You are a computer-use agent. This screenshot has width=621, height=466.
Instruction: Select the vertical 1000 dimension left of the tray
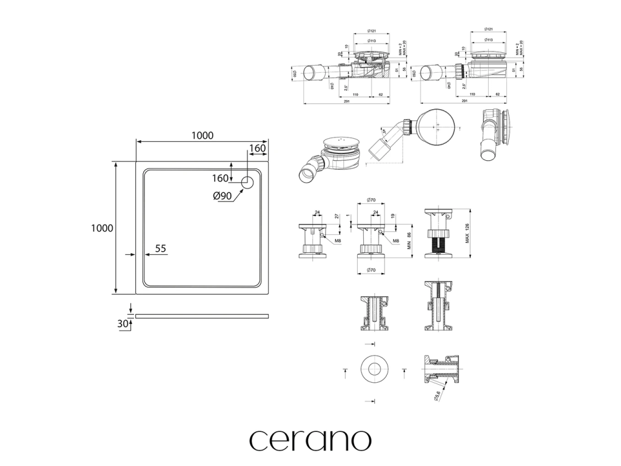coord(101,228)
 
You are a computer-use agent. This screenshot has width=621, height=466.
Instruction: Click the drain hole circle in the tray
coord(248,181)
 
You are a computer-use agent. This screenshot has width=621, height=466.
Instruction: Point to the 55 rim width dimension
coord(161,248)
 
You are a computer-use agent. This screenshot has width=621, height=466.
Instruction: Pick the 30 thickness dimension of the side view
coord(123,323)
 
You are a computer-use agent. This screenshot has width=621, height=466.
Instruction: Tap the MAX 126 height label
coord(468,234)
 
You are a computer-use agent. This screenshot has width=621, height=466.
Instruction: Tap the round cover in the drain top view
coord(435,127)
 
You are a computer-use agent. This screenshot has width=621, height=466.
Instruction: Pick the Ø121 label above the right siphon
coord(488,29)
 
